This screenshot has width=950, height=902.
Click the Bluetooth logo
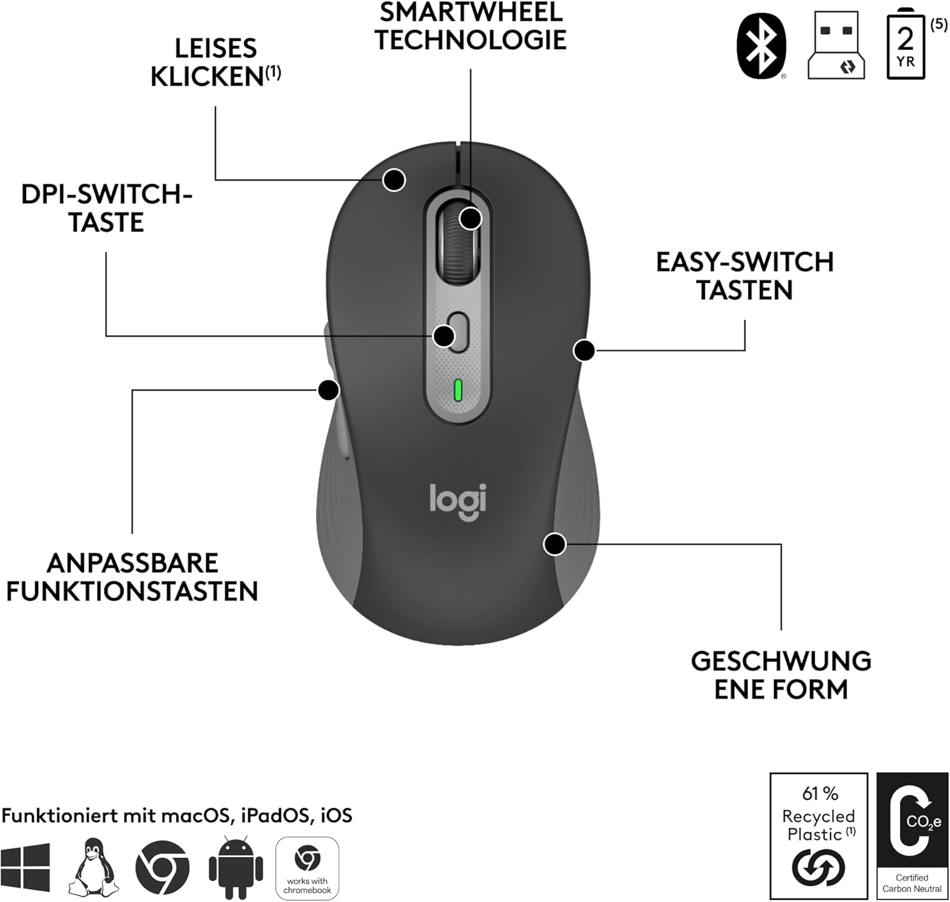(762, 47)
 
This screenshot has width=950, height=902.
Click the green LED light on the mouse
(458, 391)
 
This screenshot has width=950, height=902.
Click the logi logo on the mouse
(458, 500)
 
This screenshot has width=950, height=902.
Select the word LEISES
(216, 49)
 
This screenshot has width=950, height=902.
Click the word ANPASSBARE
(132, 563)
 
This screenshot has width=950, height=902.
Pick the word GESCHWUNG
(781, 661)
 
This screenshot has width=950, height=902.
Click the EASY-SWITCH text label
(745, 262)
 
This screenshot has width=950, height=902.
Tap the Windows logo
(25, 867)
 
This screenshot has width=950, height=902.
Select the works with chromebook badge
(307, 868)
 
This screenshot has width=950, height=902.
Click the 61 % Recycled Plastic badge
(818, 835)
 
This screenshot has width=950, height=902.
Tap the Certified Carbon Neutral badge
(912, 835)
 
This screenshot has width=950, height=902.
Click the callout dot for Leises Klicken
(395, 180)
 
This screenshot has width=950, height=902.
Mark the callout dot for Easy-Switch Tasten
(584, 350)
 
